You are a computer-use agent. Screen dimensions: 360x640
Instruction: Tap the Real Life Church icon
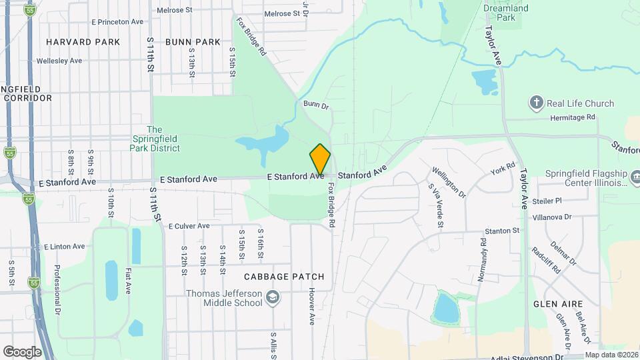tap(536, 103)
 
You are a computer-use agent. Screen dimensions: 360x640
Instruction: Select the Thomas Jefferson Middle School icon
tap(271, 297)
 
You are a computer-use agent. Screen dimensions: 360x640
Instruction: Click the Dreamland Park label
tap(507, 13)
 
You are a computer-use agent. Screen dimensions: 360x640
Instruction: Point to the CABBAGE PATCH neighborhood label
tap(275, 277)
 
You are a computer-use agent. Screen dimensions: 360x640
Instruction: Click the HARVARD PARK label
tap(83, 42)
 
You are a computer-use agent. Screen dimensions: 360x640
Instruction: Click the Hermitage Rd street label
tap(572, 117)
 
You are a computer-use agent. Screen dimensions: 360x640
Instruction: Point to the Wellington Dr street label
tap(449, 181)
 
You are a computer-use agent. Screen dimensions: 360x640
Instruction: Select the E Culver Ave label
tap(189, 227)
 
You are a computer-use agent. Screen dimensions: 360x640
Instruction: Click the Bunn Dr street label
tap(316, 105)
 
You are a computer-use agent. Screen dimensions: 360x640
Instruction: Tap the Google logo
tap(22, 351)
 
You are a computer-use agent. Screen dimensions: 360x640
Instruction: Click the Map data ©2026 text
tap(611, 355)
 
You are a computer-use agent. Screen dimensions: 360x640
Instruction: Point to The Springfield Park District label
tap(163, 139)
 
